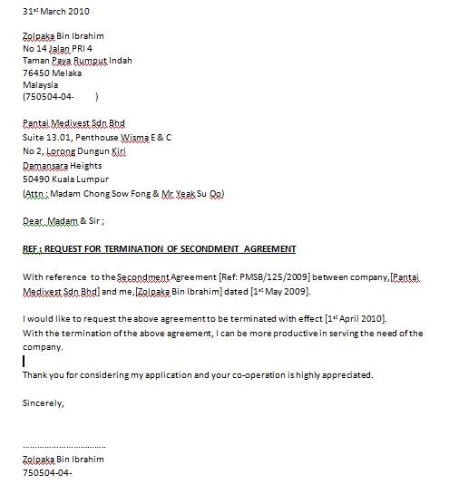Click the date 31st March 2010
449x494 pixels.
tap(55, 11)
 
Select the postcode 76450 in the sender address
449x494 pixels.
tap(37, 73)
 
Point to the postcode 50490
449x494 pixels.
tap(37, 179)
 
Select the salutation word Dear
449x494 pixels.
tap(33, 220)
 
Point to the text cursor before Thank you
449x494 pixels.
tap(24, 361)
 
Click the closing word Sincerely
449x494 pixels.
tap(43, 403)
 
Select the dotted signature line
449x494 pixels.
tap(63, 447)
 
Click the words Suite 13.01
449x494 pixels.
tap(44, 137)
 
